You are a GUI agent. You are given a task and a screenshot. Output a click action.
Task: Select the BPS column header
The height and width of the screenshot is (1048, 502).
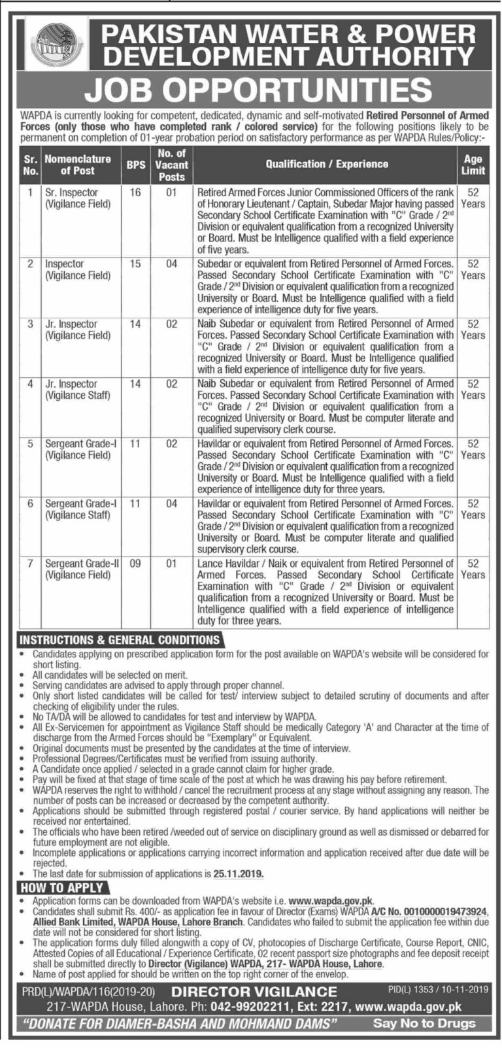136,165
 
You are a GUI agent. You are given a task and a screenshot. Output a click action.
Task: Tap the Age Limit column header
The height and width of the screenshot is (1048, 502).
473,165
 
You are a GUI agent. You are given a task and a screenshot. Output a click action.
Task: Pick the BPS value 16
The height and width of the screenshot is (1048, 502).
135,193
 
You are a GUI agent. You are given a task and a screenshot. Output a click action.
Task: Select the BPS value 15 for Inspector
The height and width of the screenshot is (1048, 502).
135,264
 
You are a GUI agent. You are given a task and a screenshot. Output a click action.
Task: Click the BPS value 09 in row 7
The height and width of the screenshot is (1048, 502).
135,563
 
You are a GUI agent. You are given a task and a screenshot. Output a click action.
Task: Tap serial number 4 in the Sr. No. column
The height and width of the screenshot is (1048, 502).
29,384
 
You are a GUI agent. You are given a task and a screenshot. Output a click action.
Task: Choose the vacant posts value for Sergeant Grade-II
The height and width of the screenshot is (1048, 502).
171,563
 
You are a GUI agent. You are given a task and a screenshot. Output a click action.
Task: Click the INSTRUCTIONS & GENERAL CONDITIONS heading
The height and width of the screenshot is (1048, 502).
120,640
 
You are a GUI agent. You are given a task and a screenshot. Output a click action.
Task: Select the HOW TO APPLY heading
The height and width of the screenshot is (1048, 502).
61,887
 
